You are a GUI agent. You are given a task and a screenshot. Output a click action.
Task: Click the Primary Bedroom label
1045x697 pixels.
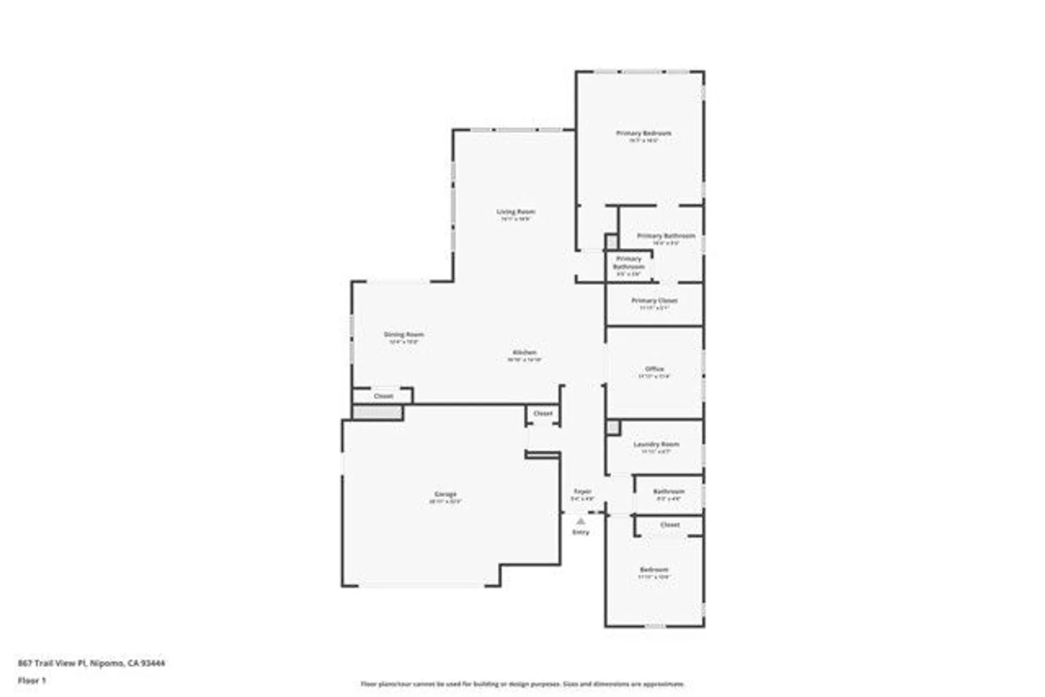point(643,133)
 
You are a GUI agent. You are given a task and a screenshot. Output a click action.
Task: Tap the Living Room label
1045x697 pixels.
point(516,212)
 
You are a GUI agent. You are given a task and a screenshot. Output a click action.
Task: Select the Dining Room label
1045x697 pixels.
point(404,334)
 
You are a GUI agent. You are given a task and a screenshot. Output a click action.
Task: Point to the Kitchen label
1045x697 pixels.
point(524,353)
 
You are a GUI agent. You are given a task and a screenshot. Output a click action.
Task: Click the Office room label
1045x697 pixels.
point(654,369)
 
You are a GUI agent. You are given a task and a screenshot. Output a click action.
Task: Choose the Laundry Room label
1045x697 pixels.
point(656,444)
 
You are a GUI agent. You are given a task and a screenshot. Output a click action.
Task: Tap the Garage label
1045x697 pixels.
point(446,494)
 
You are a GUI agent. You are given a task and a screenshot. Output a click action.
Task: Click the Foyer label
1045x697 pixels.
point(583,492)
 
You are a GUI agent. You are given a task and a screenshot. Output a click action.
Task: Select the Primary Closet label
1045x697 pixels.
point(654,300)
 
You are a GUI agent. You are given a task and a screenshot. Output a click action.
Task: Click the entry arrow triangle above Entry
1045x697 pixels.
point(580,521)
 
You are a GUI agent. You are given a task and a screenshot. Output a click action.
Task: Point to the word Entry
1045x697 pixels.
point(580,532)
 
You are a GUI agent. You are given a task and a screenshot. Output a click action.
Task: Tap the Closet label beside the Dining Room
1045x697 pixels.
point(384,396)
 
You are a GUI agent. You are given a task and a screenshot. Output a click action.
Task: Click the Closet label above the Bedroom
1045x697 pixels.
point(670,525)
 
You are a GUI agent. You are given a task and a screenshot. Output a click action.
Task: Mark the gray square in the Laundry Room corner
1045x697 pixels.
point(613,428)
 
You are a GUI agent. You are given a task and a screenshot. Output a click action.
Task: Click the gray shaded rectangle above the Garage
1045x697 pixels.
point(377,413)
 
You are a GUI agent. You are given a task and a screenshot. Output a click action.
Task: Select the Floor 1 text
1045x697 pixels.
point(32,680)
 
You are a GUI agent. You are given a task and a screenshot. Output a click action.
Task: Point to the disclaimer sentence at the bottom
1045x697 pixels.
point(522,684)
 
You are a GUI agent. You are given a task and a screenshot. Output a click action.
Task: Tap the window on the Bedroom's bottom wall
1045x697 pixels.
point(655,626)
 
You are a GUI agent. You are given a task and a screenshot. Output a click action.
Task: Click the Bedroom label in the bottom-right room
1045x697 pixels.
point(654,570)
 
